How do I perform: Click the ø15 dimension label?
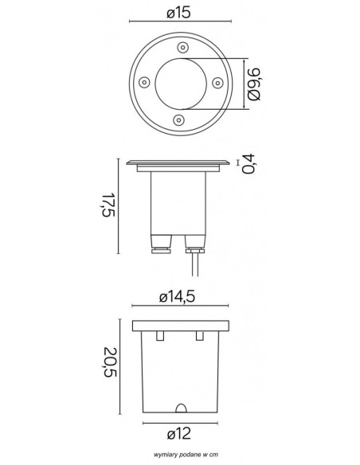(x=178, y=13)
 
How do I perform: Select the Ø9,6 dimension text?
(x=254, y=84)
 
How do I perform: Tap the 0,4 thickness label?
(x=248, y=163)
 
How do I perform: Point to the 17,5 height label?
(x=108, y=205)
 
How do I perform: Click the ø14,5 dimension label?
(x=178, y=296)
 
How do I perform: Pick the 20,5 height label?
(x=111, y=362)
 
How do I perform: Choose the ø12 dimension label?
(x=179, y=434)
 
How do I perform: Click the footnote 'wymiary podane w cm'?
(x=186, y=455)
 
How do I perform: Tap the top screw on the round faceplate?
(x=182, y=47)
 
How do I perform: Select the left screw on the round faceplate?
(x=144, y=82)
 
